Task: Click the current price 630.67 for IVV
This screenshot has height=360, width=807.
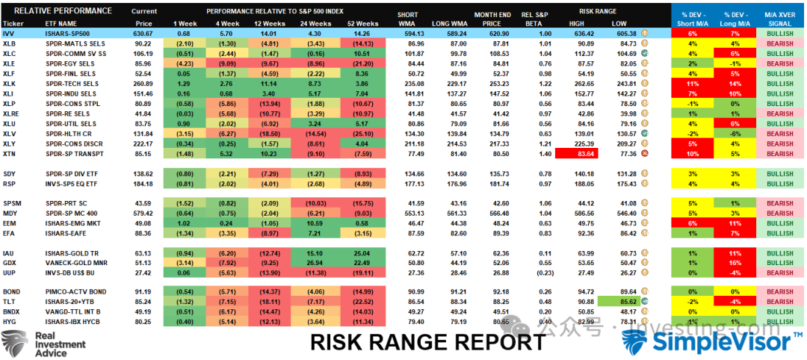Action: (x=143, y=34)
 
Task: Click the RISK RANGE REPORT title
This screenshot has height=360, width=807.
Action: (x=427, y=342)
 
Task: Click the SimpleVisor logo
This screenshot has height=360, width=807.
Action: (x=713, y=342)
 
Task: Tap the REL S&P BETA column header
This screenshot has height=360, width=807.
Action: (x=535, y=19)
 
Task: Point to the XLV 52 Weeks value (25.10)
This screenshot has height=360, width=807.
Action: (x=364, y=134)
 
